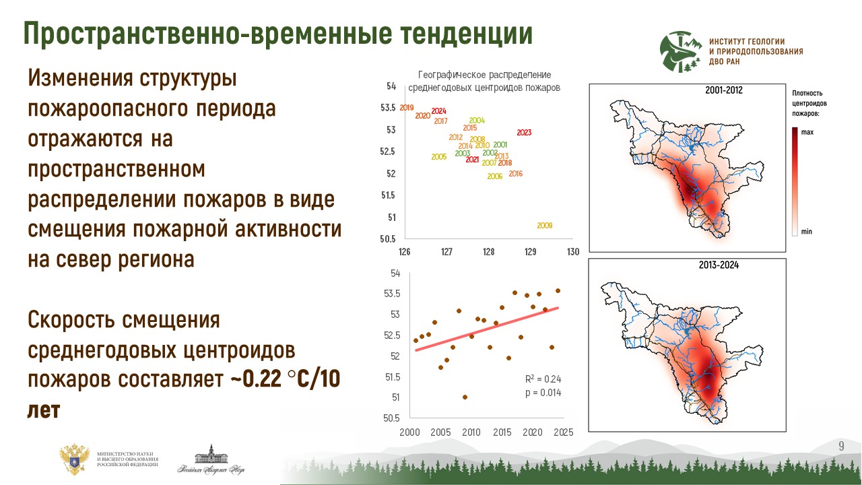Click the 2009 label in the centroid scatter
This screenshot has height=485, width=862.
[x=545, y=226]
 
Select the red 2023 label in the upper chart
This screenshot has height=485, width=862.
[x=525, y=133]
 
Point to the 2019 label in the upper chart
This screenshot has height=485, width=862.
[x=407, y=108]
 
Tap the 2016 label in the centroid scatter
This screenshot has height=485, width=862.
[x=516, y=174]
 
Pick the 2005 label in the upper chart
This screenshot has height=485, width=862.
[x=438, y=157]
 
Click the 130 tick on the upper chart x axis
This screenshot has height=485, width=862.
[x=573, y=252]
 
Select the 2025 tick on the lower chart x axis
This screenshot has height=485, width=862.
[x=564, y=432]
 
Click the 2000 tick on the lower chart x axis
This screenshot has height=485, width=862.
[x=409, y=432]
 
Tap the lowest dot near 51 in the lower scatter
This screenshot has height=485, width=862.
[x=465, y=397]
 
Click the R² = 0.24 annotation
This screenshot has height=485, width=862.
[x=542, y=379]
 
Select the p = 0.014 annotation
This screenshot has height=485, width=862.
[x=542, y=392]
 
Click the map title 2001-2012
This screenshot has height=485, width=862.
[x=724, y=90]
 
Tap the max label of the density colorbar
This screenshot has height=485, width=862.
[x=807, y=132]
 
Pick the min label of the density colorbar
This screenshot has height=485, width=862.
[x=807, y=232]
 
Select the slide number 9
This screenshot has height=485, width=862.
[x=841, y=447]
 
